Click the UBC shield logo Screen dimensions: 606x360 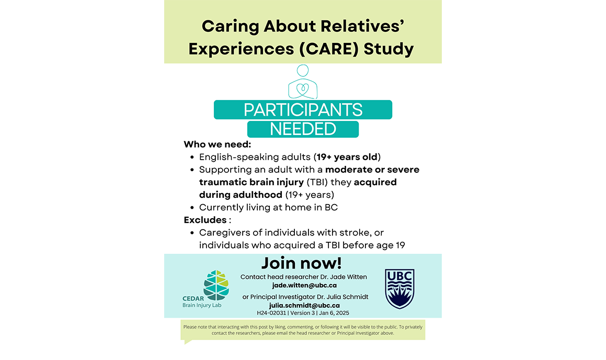click(x=399, y=289)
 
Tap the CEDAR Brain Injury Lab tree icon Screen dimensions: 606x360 click(x=216, y=285)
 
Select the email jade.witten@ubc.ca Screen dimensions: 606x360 click(x=304, y=285)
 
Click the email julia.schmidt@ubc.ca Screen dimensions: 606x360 click(x=304, y=306)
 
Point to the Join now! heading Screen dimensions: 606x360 click(x=302, y=263)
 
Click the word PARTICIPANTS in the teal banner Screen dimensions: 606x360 click(x=303, y=110)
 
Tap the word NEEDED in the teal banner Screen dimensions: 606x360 click(x=303, y=129)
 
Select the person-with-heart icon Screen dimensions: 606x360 click(x=303, y=82)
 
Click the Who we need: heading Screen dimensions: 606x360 click(x=217, y=144)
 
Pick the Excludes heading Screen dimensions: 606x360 click(x=205, y=220)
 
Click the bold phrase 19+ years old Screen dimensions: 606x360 click(x=347, y=157)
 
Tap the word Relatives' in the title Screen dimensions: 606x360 click(x=362, y=26)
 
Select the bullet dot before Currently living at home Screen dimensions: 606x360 click(x=192, y=208)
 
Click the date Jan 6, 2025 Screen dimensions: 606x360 click(x=334, y=313)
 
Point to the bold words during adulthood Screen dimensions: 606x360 click(x=241, y=195)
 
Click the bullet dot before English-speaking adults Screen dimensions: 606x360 click(x=192, y=157)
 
